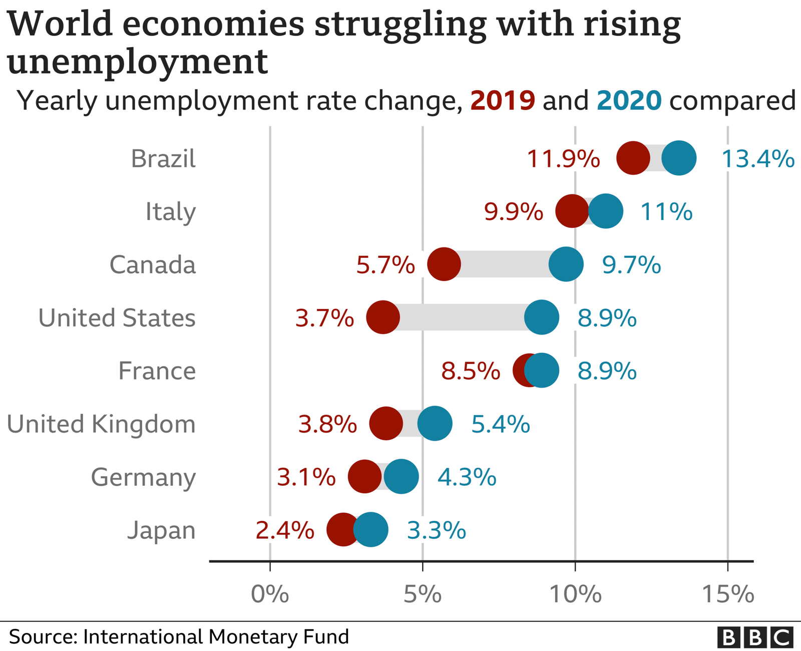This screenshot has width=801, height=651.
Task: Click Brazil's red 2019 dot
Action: point(633,158)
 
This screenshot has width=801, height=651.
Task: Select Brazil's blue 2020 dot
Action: point(679,158)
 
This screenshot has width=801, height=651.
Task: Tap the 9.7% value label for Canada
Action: point(631,264)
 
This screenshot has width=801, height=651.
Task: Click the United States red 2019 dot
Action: point(383,317)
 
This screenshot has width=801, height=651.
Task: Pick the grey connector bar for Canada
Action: point(505,264)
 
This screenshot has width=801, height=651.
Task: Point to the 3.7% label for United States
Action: point(324,318)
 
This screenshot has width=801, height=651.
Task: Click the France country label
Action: point(157,371)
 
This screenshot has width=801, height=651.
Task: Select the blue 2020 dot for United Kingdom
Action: point(435,424)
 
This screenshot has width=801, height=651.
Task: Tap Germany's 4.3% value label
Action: point(467,477)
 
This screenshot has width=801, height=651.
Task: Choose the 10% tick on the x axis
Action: point(576,594)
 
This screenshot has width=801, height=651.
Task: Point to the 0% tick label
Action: point(270,594)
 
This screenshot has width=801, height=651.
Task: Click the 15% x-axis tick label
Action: point(728,594)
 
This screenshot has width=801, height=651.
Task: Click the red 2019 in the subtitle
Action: point(503,100)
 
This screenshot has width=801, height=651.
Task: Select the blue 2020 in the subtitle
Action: point(629,100)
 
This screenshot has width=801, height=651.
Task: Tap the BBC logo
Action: point(755,637)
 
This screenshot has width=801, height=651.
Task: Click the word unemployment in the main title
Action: point(138,63)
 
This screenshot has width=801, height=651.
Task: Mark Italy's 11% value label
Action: point(666,212)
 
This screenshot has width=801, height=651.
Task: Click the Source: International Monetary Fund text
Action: point(179,637)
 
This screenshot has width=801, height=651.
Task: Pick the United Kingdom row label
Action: point(101,424)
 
